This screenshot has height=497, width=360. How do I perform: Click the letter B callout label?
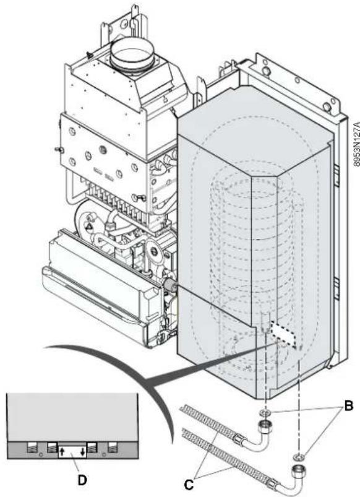[x=348, y=406]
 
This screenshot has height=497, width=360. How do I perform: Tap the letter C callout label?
[x=189, y=485]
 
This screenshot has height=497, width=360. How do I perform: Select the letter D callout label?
[x=82, y=480]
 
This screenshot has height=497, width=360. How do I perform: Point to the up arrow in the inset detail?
[x=62, y=451]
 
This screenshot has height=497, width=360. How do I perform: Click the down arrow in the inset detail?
[x=82, y=451]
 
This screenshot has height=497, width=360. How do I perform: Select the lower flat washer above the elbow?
[x=298, y=457]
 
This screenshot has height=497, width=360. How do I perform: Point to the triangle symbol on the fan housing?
[x=89, y=227]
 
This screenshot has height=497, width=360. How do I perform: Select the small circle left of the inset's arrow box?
[x=41, y=456]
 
